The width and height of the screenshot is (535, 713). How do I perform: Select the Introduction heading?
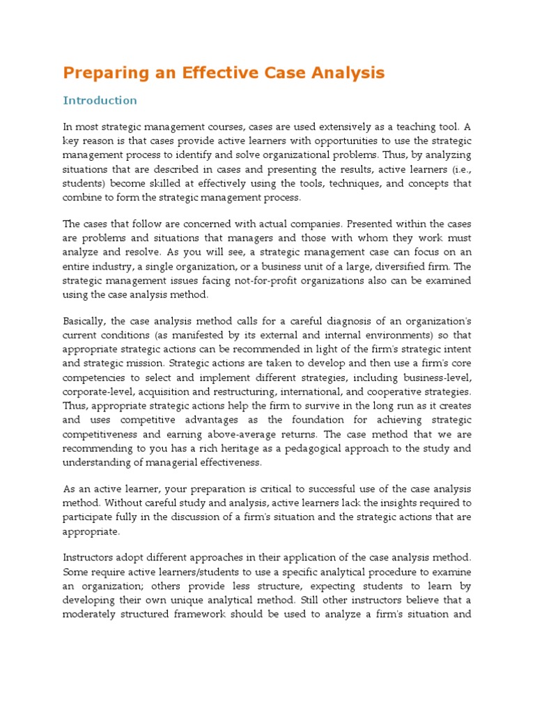click(100, 100)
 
